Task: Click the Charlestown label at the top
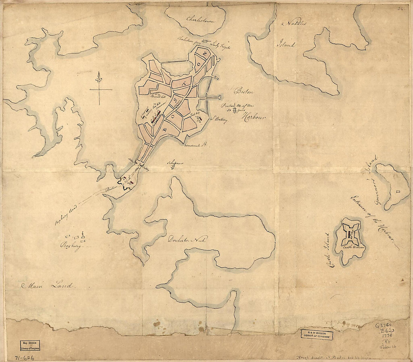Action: [200, 20]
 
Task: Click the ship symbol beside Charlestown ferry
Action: [205, 41]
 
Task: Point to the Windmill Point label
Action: [196, 144]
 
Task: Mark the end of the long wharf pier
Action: [220, 98]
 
